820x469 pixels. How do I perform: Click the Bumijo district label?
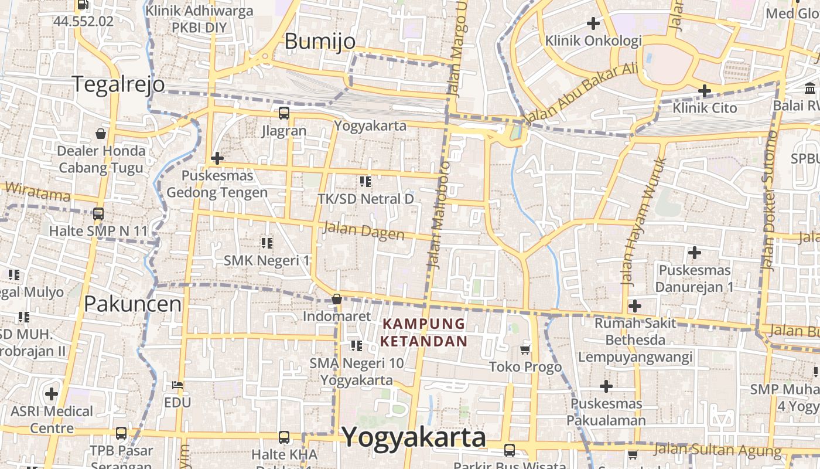coord(320,42)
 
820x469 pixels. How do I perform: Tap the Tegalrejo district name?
coord(118,84)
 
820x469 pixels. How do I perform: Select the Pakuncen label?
coord(132,304)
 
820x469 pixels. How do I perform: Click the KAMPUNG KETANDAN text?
coord(424,332)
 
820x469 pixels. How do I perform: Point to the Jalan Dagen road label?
coord(364,230)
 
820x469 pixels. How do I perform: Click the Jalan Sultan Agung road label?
coord(717,450)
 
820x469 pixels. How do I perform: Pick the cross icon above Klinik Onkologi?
coord(593,23)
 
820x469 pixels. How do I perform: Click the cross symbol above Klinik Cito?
coord(704,91)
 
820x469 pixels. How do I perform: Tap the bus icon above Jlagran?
coord(283,113)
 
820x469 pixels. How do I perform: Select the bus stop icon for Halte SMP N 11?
coord(98,214)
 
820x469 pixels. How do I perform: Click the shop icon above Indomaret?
coord(337,299)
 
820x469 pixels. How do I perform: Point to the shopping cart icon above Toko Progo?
coord(525,350)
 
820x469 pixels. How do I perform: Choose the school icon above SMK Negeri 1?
coord(267,243)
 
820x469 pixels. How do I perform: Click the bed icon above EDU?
coord(177,385)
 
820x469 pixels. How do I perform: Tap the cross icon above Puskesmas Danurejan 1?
coord(695,253)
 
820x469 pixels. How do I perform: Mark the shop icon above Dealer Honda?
coord(101,134)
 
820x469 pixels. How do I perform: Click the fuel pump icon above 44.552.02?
coord(83,5)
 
